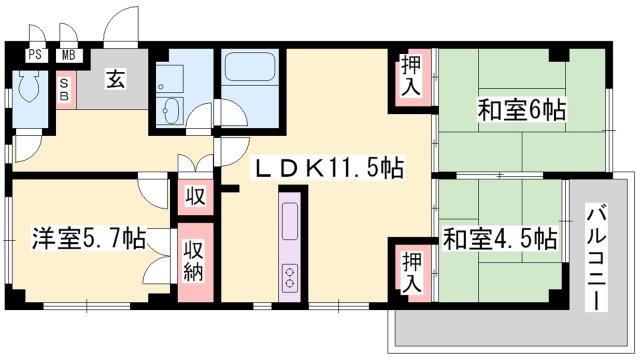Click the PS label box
click(35, 56)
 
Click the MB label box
click(70, 56)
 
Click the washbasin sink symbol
click(169, 109)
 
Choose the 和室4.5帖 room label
click(500, 239)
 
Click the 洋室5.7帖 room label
click(88, 239)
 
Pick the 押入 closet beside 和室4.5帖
click(412, 270)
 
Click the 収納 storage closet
click(194, 263)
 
